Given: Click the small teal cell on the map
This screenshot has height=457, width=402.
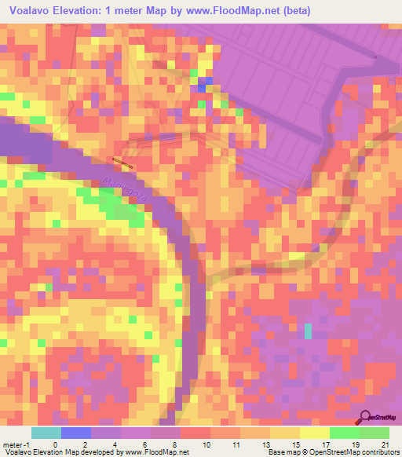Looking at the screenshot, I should pos(308,331).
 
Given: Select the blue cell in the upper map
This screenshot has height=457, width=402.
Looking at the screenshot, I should pos(205,84).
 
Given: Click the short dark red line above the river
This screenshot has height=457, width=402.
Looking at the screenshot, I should pos(122,163).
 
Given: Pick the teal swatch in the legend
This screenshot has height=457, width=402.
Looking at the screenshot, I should pos(46,433).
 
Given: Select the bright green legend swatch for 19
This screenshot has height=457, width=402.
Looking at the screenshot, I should pos(344,433).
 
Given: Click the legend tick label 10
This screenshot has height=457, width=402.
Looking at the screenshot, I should pos(206,444).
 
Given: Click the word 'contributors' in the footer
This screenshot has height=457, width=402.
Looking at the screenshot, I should pos(378,452).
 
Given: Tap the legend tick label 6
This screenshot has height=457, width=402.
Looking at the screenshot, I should pos(146,444).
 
